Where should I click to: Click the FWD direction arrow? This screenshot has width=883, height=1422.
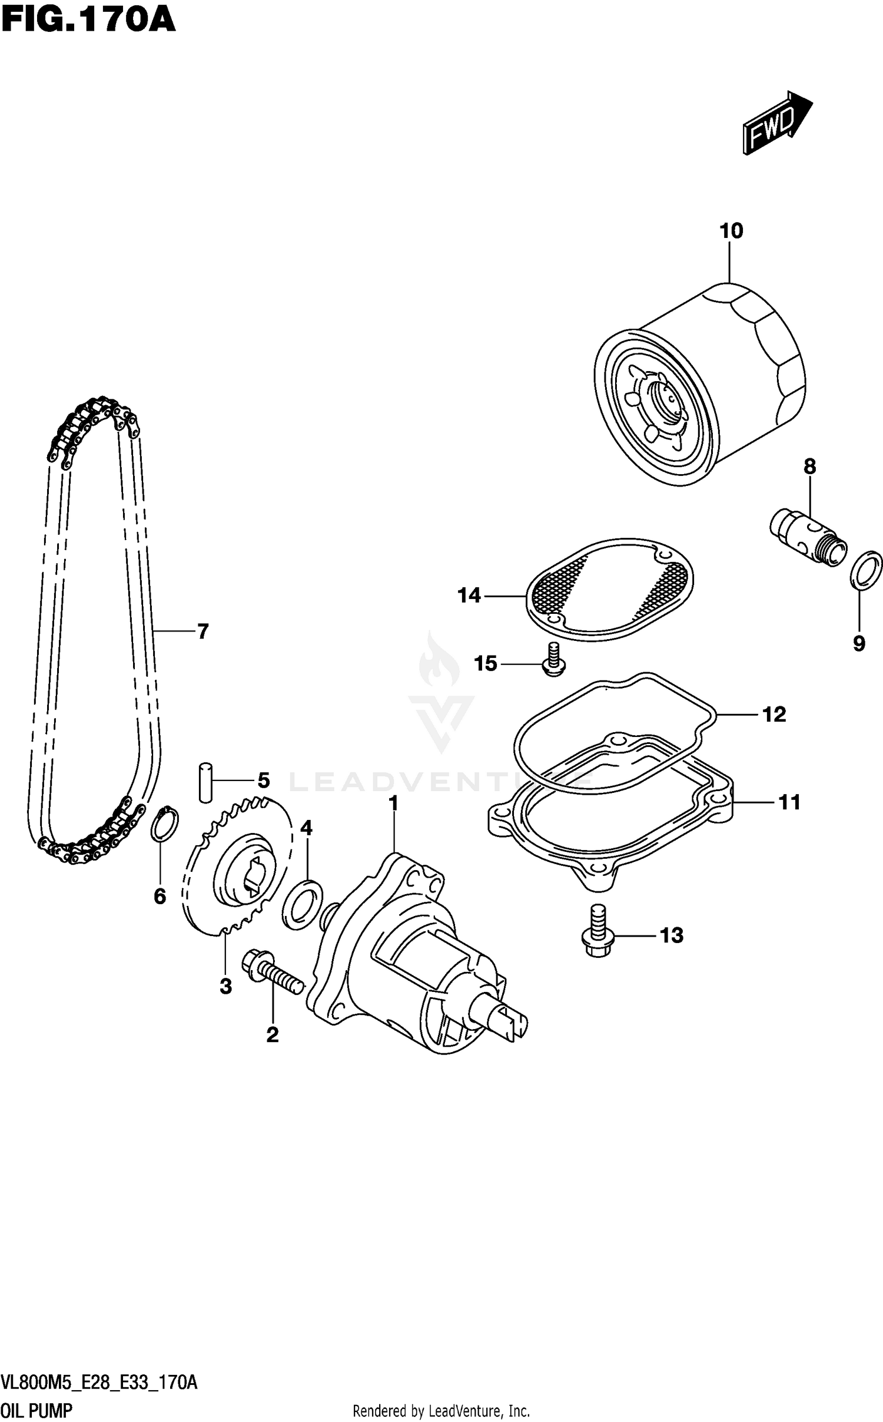[776, 122]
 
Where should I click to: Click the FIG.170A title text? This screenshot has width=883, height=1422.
[88, 19]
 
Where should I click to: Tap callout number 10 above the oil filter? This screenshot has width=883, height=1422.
[731, 231]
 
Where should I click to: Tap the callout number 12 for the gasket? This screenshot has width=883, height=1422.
[774, 715]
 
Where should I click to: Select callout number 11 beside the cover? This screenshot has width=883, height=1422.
[789, 802]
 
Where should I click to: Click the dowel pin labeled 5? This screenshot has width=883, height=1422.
[205, 782]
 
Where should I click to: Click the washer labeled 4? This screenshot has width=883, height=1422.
[303, 904]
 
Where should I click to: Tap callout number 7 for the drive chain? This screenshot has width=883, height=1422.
[203, 631]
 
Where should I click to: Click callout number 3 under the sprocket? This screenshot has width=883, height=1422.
[226, 987]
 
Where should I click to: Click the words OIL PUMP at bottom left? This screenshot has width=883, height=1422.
[36, 1406]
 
